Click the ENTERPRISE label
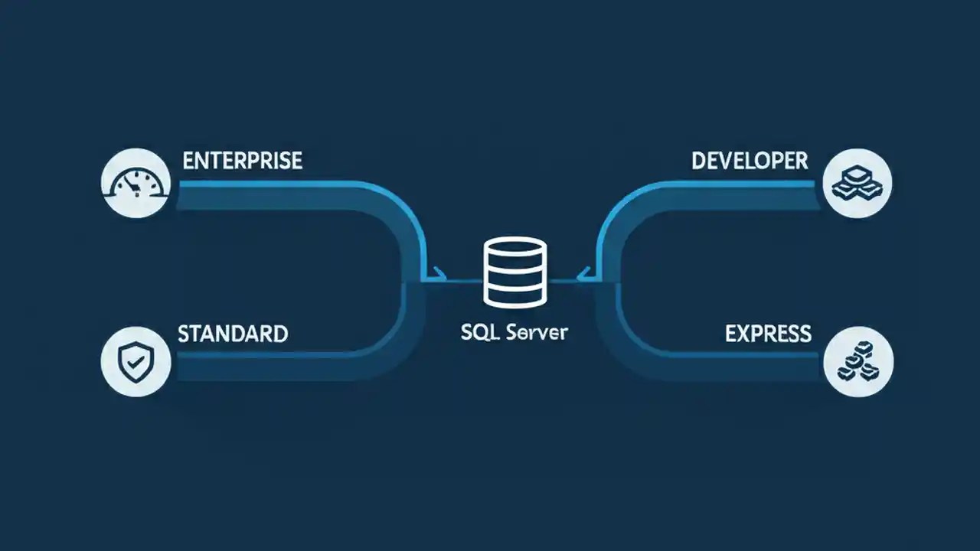coord(243,161)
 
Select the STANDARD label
coord(233,334)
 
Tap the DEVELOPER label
coord(750,161)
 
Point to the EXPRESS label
coord(768,334)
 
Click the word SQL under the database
coord(479,334)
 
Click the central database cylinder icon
coord(515,272)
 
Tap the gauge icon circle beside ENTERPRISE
coord(135,183)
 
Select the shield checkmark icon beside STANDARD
coord(135,362)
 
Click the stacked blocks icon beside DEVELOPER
coord(857,183)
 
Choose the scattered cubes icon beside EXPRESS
coord(857,362)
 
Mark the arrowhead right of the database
coord(584,272)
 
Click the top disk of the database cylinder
coord(515,249)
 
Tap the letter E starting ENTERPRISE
coord(188,161)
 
